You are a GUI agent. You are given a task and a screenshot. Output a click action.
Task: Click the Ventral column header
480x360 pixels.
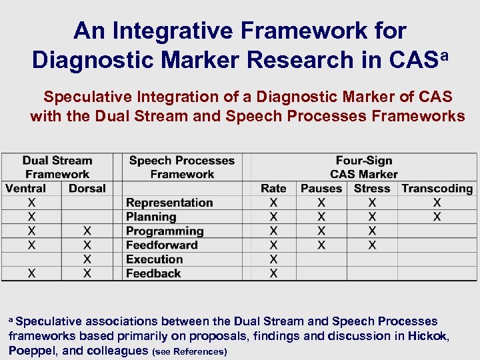click(x=25, y=189)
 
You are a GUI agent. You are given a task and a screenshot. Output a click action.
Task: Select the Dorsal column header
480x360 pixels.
click(x=87, y=189)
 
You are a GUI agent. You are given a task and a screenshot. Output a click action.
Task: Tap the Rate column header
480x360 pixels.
click(x=273, y=189)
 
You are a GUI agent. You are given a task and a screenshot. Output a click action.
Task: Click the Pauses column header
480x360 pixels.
click(x=321, y=189)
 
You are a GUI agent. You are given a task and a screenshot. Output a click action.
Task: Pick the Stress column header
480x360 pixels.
click(x=372, y=189)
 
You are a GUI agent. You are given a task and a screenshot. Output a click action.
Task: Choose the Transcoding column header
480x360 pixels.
click(x=437, y=189)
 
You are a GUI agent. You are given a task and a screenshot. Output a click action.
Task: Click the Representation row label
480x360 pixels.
click(x=169, y=203)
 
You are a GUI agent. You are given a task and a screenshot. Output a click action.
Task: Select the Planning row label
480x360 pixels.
click(x=151, y=217)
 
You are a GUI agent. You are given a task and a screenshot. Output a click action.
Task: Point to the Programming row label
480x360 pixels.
click(x=165, y=231)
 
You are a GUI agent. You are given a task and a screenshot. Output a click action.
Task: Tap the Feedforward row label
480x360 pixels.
click(x=162, y=245)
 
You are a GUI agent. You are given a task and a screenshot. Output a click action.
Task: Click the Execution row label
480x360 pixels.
click(x=154, y=259)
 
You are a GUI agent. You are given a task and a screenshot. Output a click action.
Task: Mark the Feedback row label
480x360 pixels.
click(x=153, y=273)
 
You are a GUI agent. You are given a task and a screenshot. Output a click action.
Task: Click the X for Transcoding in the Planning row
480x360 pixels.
click(x=437, y=217)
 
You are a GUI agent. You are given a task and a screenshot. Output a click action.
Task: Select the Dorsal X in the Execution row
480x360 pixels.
click(x=87, y=259)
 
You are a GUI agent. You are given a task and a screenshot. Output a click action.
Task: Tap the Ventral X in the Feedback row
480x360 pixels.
click(x=31, y=273)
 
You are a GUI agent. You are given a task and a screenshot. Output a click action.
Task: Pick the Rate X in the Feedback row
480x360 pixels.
click(x=273, y=273)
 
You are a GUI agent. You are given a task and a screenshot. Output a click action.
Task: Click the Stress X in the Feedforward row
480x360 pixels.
click(x=372, y=245)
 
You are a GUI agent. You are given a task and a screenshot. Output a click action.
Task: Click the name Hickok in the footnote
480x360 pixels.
click(x=429, y=336)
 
